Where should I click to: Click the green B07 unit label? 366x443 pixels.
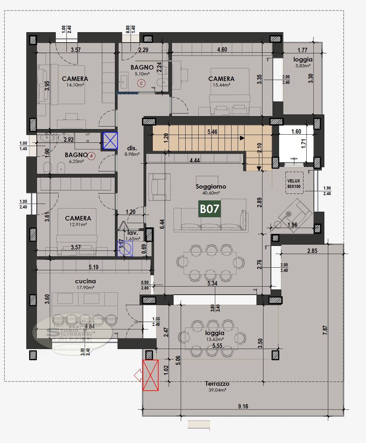tap(210, 208)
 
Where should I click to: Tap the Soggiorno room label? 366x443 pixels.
tap(211, 187)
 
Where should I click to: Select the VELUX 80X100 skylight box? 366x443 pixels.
tap(294, 184)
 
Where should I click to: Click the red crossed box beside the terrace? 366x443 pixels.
tap(150, 375)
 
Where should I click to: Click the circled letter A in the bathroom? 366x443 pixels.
tap(92, 156)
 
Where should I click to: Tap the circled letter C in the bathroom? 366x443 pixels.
tap(141, 83)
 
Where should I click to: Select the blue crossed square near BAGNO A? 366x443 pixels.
tap(110, 141)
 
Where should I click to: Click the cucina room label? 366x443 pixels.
tap(85, 281)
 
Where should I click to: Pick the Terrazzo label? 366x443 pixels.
tap(217, 384)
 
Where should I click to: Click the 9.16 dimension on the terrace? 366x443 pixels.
tap(243, 406)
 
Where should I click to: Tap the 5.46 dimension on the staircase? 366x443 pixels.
tap(212, 132)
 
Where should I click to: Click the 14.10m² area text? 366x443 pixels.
tap(75, 85)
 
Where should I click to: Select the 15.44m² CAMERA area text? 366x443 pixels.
tap(221, 85)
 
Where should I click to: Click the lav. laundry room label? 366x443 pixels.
tap(133, 233)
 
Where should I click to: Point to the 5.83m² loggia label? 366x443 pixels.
tap(303, 65)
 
